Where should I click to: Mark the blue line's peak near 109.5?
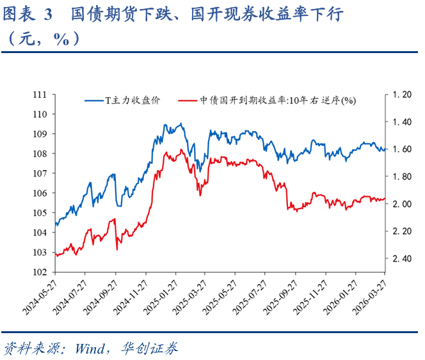pyautogui.click(x=181, y=124)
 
